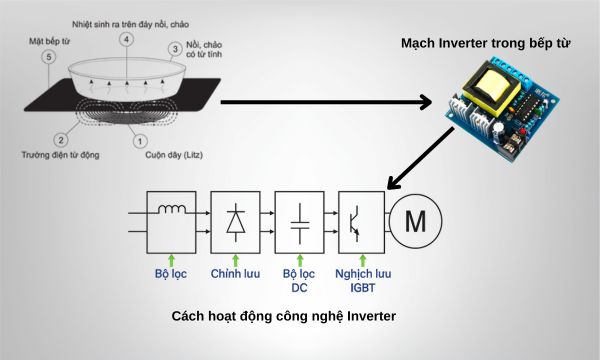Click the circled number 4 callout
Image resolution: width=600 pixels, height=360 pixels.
coord(126,38)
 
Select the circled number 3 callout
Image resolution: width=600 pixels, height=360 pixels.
coord(175,47)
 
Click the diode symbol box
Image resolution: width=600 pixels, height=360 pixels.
coord(236,222)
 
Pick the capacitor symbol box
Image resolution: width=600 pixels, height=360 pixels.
coord(299,222)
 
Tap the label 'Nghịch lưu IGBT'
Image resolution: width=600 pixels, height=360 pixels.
coord(361,281)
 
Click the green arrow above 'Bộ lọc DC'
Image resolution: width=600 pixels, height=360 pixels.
coord(299,259)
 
